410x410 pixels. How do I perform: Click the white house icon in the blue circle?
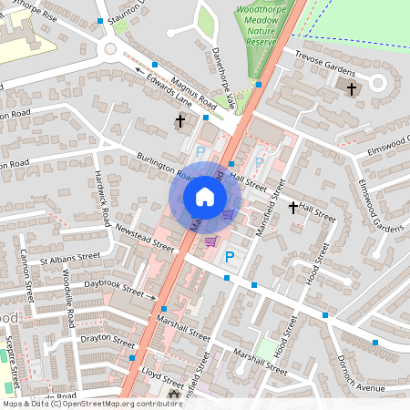(205, 196)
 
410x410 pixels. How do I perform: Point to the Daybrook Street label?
(114, 289)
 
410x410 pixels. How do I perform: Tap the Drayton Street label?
(108, 338)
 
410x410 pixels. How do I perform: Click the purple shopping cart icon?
(210, 241)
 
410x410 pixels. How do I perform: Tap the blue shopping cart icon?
(228, 215)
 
